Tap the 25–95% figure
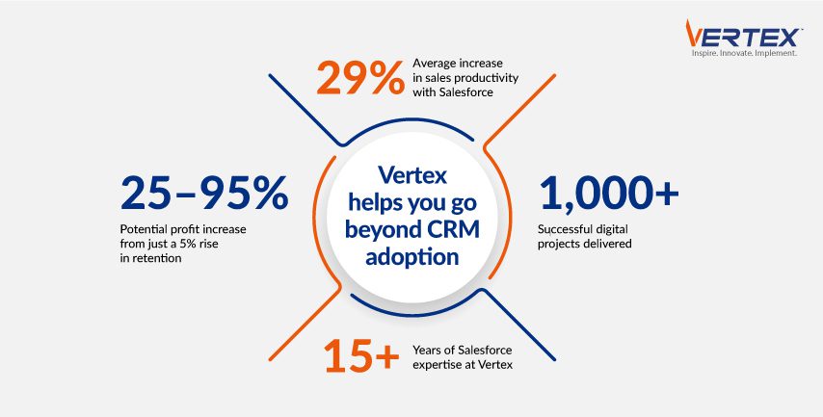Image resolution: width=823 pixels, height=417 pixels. click(x=204, y=193)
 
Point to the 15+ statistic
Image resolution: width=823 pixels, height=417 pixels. click(x=361, y=354)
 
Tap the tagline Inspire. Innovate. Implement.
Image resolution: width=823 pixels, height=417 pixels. click(x=744, y=54)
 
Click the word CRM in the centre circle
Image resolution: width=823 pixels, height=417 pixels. click(x=454, y=230)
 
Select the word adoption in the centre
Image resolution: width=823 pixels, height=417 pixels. click(x=412, y=257)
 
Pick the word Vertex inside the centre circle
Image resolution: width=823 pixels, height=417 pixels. click(x=412, y=174)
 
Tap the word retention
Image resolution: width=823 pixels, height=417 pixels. click(x=156, y=258)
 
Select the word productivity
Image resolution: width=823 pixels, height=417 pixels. click(x=488, y=78)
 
